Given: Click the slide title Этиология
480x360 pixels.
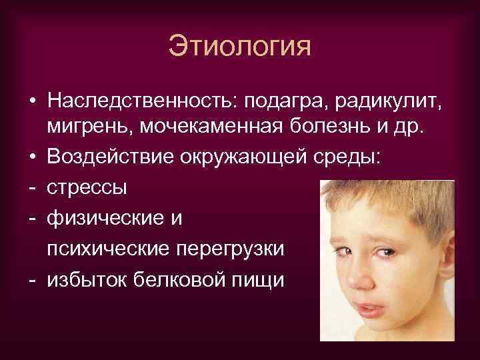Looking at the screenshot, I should [x=240, y=48].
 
